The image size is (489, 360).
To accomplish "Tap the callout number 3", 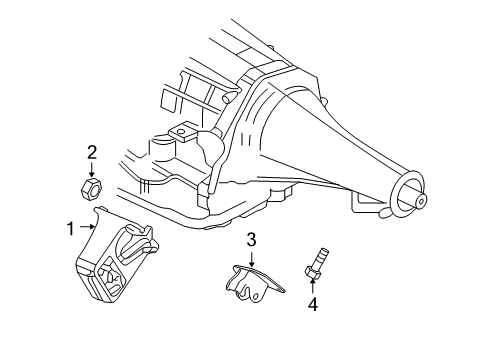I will click(252, 240).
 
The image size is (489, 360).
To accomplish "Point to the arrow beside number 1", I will click(88, 228).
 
